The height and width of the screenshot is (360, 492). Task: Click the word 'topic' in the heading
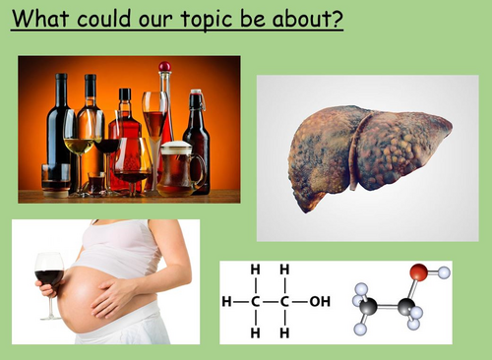187,19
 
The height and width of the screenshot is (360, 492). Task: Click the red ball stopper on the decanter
164,67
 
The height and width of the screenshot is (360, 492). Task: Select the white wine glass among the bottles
79,133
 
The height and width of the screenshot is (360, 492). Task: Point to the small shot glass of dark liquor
96,183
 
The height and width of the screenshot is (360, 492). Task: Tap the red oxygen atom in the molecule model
419,271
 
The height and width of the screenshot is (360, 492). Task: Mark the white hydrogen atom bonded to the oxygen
444,272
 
